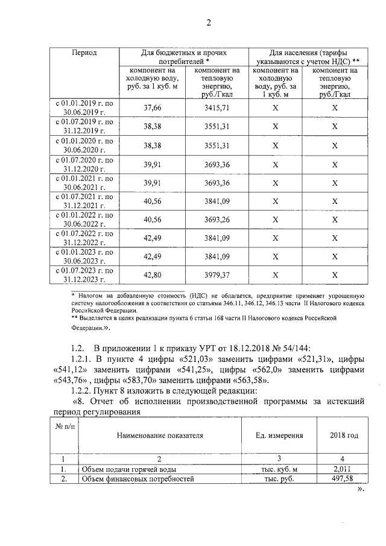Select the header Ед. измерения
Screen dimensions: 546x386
(279, 434)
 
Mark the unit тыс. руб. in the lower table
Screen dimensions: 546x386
(279, 478)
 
